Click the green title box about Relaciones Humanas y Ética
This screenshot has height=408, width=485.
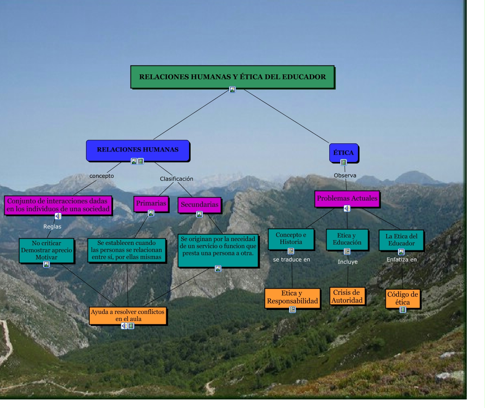tap(232, 77)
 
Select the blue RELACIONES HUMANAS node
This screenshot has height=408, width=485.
tap(138, 150)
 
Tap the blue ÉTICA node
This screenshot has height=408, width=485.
tap(343, 152)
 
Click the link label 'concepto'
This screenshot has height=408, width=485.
tap(101, 176)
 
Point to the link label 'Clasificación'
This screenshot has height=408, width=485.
tap(176, 179)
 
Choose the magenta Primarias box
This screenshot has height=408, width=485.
tap(151, 203)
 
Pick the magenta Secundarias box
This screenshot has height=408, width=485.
tap(200, 205)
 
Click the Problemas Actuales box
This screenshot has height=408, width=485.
tap(347, 198)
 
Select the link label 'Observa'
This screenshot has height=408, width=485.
tap(345, 176)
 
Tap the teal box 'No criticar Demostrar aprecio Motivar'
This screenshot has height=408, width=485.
tap(46, 250)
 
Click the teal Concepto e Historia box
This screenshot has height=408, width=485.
tap(291, 239)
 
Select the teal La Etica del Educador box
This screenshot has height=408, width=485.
tap(401, 240)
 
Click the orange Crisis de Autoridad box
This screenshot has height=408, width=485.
tap(347, 296)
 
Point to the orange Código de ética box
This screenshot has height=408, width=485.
tap(402, 298)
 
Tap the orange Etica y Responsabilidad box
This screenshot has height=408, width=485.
tap(292, 297)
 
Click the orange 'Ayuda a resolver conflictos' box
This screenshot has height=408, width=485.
tap(128, 315)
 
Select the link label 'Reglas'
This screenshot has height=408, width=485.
tap(52, 227)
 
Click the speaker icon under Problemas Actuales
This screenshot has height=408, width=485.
tap(347, 208)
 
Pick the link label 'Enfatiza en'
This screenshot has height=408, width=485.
tap(402, 260)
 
